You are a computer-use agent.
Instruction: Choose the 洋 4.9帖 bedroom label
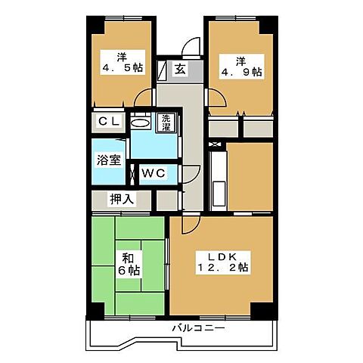[x=243, y=66]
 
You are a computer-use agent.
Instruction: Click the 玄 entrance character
[x=180, y=69]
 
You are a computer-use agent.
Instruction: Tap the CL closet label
[x=107, y=122]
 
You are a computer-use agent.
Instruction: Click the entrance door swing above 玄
[x=191, y=45]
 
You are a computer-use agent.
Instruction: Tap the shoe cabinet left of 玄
[x=162, y=70]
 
